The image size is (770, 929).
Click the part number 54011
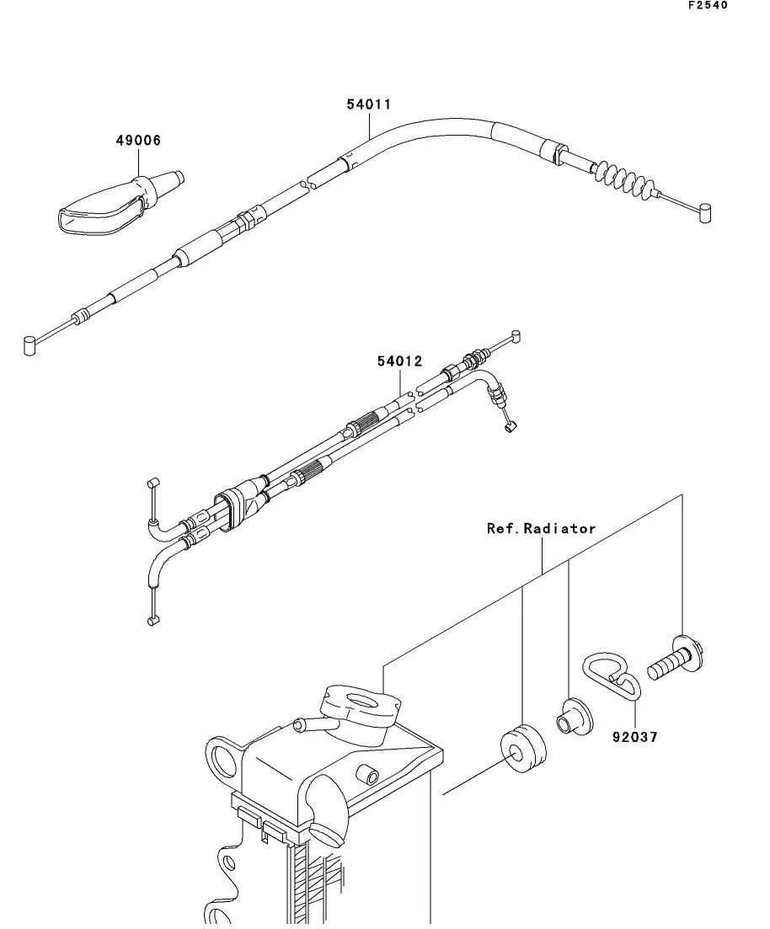tap(369, 105)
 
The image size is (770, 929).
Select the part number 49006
tap(138, 141)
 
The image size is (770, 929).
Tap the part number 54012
tap(399, 361)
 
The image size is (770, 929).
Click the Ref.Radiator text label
tap(541, 529)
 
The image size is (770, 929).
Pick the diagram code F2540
tap(707, 5)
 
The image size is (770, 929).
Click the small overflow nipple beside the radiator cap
tap(307, 723)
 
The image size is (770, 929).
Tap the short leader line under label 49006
tap(139, 163)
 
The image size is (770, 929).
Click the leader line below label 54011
tap(369, 125)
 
